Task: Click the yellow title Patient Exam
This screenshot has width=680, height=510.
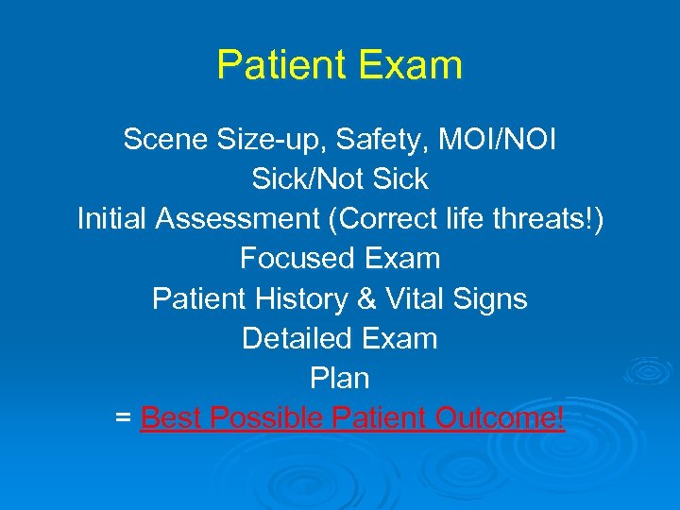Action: tap(339, 65)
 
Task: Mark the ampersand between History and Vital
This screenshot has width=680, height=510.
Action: tap(366, 299)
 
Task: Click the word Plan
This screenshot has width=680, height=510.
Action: tap(339, 378)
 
